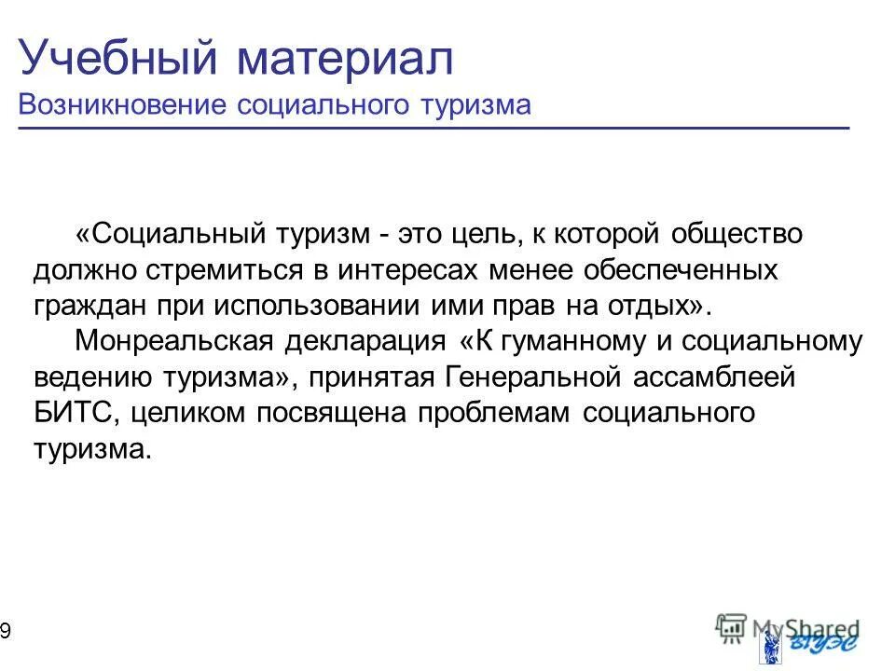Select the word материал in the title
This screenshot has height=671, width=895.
[x=344, y=59]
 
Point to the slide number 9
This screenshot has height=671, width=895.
[x=6, y=633]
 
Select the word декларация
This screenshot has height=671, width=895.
[x=365, y=342]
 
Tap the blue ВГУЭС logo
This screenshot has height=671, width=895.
[x=811, y=644]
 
